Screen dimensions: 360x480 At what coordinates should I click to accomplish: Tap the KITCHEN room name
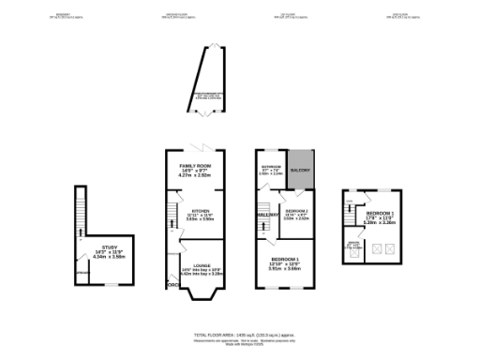[x=200, y=211]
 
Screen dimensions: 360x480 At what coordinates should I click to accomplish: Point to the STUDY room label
[x=110, y=247]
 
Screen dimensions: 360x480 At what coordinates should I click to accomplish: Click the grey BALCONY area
[x=299, y=169]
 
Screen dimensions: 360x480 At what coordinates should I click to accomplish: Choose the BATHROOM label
[x=270, y=166]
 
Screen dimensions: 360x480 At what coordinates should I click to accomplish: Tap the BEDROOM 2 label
[x=296, y=211]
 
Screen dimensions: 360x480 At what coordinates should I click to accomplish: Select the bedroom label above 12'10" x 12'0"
[x=285, y=258]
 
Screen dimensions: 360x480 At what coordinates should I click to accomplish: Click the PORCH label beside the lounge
[x=172, y=284]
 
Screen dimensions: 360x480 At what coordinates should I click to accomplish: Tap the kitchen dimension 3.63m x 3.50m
[x=200, y=220]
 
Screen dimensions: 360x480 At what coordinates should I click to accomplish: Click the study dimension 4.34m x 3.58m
[x=110, y=256]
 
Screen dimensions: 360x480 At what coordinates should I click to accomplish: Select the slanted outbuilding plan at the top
[x=208, y=80]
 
